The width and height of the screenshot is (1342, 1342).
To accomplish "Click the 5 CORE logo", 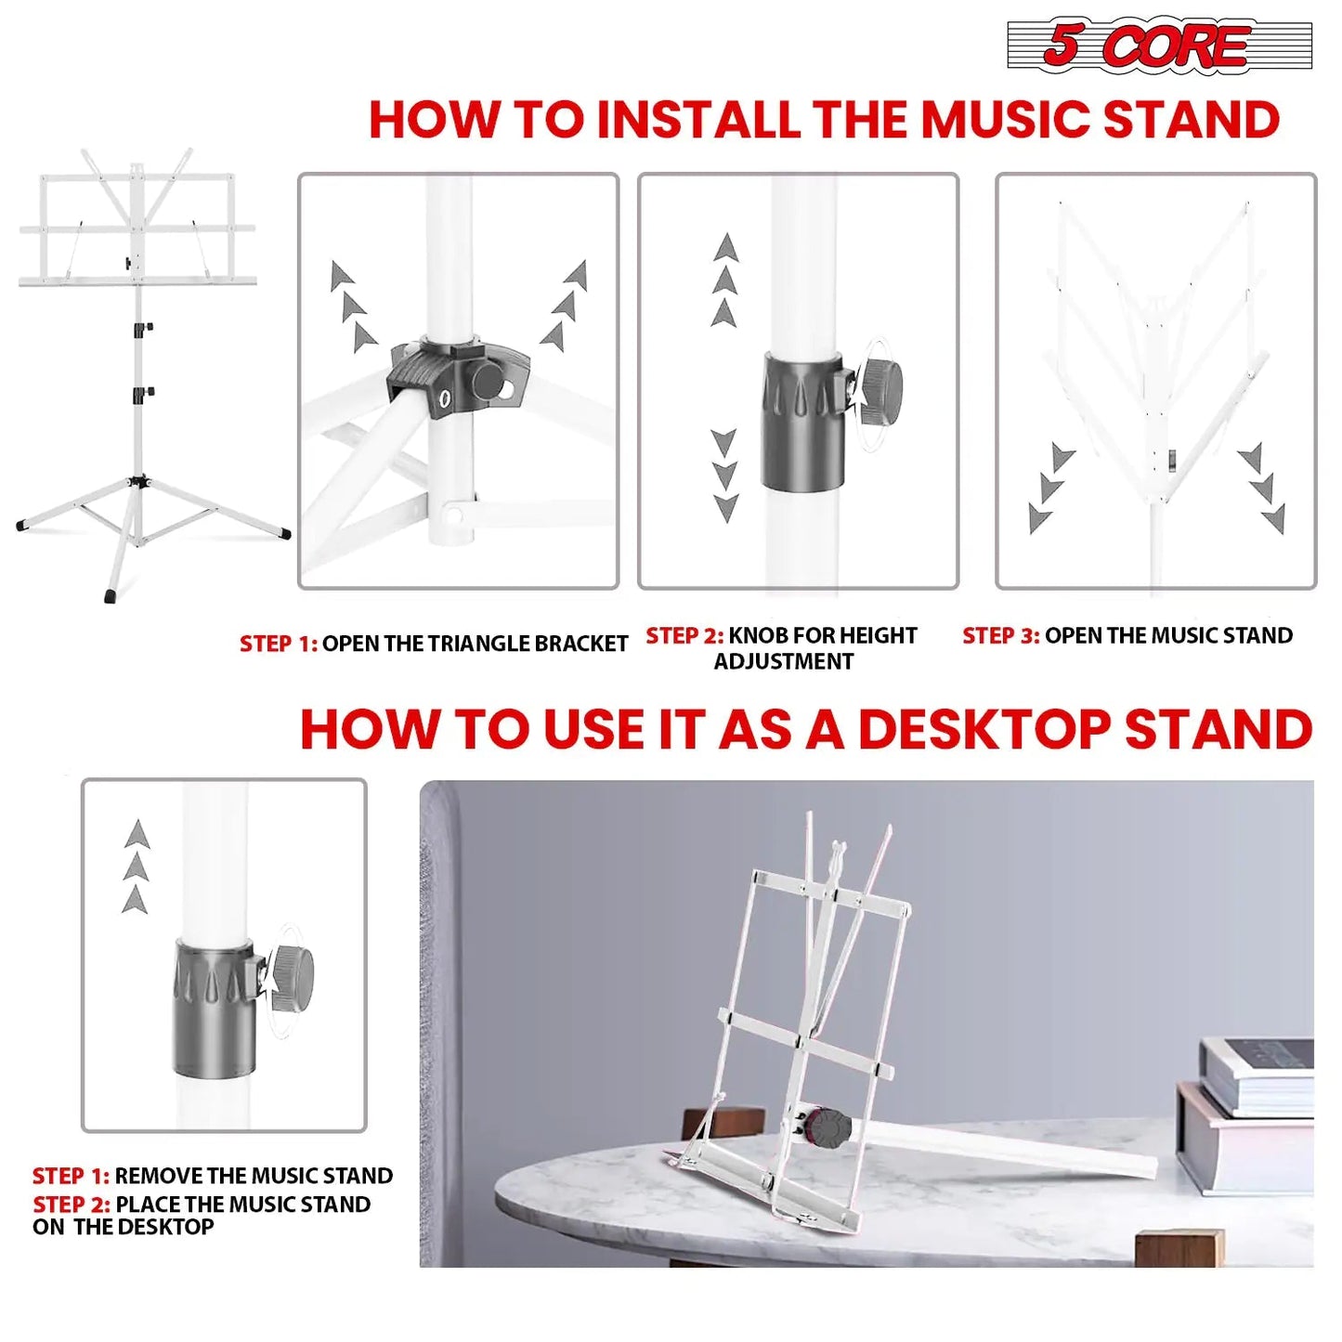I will coord(1158,45).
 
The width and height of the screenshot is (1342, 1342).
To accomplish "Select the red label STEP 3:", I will coord(1000,636).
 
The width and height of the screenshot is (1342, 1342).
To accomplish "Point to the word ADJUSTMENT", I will coord(783,662).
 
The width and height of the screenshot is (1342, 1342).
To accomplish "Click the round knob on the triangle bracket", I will coord(489,382).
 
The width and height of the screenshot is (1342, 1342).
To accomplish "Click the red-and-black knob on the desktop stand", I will coord(827,1127).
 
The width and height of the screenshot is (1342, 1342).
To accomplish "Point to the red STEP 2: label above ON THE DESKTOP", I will coord(72,1205).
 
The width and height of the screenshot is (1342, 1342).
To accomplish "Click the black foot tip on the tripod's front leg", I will coord(111,595).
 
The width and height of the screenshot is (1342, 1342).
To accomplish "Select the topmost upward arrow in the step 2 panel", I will coord(726,249).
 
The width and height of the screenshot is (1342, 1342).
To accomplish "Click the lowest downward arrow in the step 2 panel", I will coord(726,508).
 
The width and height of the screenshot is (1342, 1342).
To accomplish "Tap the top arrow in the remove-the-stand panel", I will coord(137,834).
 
